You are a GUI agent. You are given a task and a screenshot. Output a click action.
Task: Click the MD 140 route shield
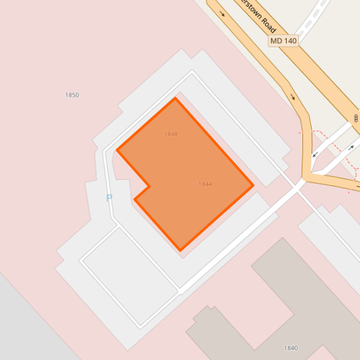coord(283,41)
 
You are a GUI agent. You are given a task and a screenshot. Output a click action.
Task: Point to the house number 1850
coord(72,95)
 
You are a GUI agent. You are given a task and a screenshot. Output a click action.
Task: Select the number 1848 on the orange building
coord(171,134)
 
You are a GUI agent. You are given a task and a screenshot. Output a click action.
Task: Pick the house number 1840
coord(291,348)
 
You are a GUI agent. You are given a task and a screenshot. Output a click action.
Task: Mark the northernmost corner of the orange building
coord(175,98)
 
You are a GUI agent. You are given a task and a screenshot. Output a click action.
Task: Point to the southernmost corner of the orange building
coord(181,250)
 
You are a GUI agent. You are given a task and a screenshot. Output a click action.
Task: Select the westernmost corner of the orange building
coord(117,150)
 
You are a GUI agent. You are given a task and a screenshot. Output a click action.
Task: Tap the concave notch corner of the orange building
coord(150,186)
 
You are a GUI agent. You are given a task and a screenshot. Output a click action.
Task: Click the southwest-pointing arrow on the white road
coord(315,154)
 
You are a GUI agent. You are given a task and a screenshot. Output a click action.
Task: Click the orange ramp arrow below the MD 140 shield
coord(292,98)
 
